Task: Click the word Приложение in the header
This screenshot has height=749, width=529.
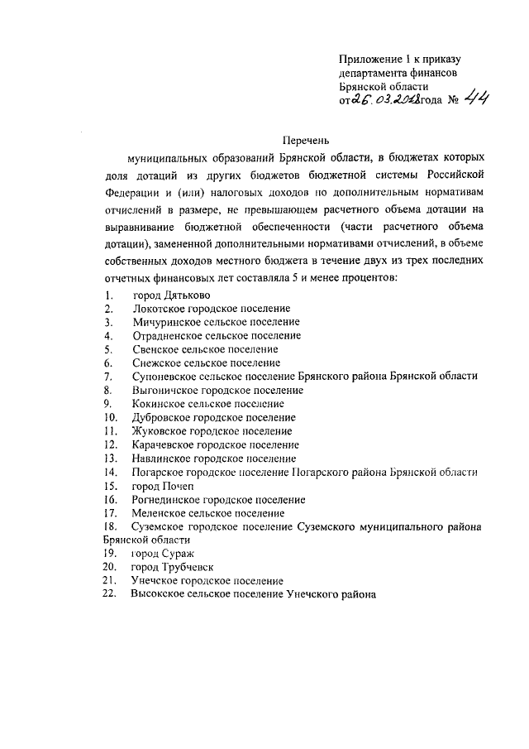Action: click(369, 58)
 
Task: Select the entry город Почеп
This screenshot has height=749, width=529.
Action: click(162, 486)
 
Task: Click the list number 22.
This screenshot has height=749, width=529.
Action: click(110, 594)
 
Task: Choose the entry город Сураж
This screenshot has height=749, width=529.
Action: click(162, 553)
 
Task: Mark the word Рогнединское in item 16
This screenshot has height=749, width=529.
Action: click(165, 500)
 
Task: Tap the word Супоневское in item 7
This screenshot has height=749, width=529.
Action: click(162, 377)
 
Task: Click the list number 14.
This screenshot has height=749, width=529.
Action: click(110, 472)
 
